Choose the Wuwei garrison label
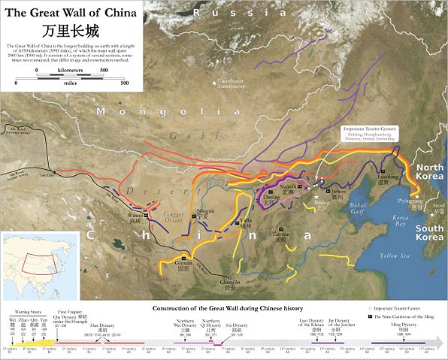[135, 219]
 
